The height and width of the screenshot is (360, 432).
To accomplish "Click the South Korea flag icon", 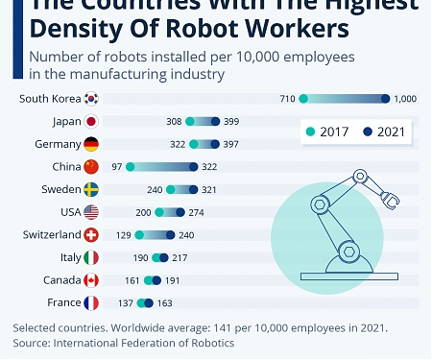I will point(91,99).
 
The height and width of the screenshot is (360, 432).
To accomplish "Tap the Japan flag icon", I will point(91,122).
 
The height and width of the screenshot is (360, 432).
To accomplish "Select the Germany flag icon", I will point(91,144).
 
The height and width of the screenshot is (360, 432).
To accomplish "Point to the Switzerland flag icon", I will point(91,235).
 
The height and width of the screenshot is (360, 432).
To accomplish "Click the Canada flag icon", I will point(91,280).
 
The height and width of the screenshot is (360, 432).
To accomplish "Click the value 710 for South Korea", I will point(286,99).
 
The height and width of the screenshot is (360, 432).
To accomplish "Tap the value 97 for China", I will point(117,167).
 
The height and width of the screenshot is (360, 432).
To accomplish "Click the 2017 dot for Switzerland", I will point(139,235).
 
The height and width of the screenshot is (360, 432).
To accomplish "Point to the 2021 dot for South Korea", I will point(386,99).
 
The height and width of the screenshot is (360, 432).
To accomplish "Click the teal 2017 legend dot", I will point(309,132).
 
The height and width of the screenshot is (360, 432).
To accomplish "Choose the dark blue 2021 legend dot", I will point(368,132).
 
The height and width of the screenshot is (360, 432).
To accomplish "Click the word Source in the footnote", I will point(31,343).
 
